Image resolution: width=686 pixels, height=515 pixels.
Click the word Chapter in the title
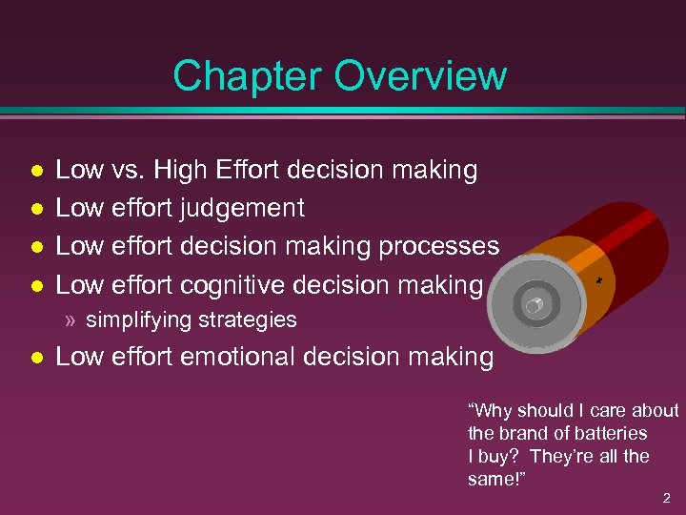(x=250, y=75)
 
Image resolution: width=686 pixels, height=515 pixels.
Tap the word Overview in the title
(x=422, y=75)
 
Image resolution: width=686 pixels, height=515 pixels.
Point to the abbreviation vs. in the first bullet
(x=127, y=170)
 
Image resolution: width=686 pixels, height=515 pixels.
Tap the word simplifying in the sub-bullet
(x=140, y=319)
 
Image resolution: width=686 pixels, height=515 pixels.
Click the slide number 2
(x=667, y=498)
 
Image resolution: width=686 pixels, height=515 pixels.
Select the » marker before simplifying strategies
(x=71, y=319)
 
